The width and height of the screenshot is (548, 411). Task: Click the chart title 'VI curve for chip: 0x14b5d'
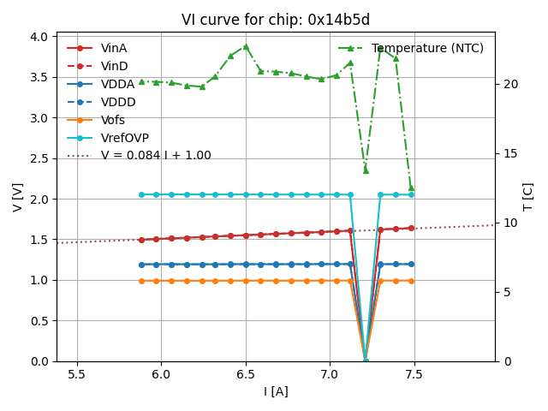click(276, 20)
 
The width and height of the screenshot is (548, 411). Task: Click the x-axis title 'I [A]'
click(276, 392)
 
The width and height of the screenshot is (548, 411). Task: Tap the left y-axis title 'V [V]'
click(18, 199)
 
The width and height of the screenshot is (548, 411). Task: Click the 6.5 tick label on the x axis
click(246, 374)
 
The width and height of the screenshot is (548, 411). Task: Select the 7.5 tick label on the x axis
click(414, 374)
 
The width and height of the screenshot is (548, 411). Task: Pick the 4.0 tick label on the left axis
click(39, 38)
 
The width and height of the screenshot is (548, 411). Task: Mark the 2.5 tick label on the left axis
click(39, 159)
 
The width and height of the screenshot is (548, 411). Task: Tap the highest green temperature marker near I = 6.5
click(246, 46)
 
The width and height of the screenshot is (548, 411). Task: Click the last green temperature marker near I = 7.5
click(411, 188)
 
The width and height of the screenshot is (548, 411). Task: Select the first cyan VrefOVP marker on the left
click(141, 194)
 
